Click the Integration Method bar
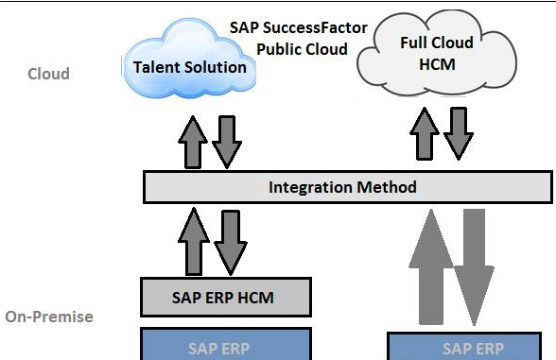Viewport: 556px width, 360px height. [x=347, y=187]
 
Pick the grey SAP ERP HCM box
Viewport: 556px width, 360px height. [x=225, y=297]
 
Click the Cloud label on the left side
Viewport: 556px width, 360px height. [x=48, y=74]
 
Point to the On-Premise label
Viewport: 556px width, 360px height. [x=49, y=317]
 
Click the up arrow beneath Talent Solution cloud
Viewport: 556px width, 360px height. [x=192, y=142]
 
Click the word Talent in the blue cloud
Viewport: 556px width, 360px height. [x=158, y=67]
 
